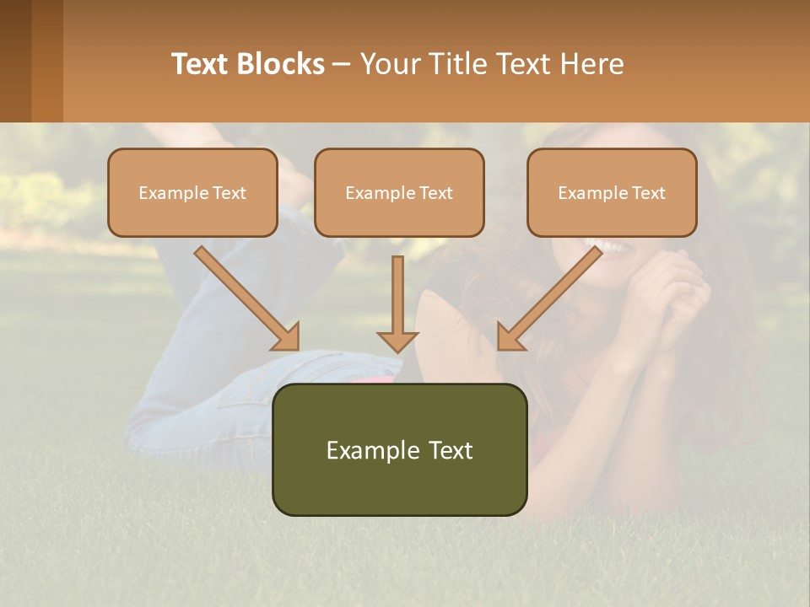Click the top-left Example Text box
(x=192, y=192)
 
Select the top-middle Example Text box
(x=399, y=192)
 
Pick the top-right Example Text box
(x=612, y=192)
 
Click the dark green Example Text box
(x=399, y=449)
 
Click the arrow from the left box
(x=245, y=296)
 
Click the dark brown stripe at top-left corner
(x=15, y=61)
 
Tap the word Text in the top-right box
(x=648, y=193)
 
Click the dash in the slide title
(x=342, y=65)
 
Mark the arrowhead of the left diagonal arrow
(x=287, y=336)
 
